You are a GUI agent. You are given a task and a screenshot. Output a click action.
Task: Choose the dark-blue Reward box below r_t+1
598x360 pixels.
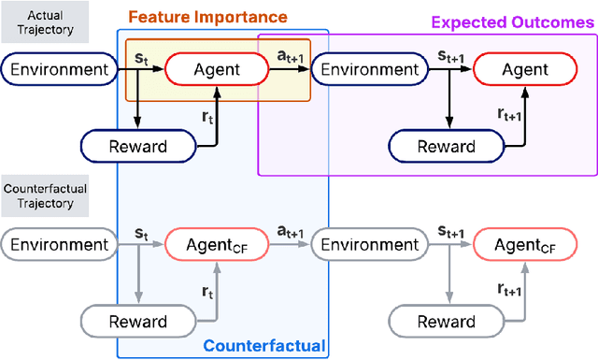click(445, 146)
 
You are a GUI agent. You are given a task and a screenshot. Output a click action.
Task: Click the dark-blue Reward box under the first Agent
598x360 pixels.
click(137, 146)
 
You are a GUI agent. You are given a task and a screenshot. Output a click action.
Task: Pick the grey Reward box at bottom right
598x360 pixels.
click(445, 322)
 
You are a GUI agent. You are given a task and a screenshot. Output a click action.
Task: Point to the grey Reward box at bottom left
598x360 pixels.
click(137, 322)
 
